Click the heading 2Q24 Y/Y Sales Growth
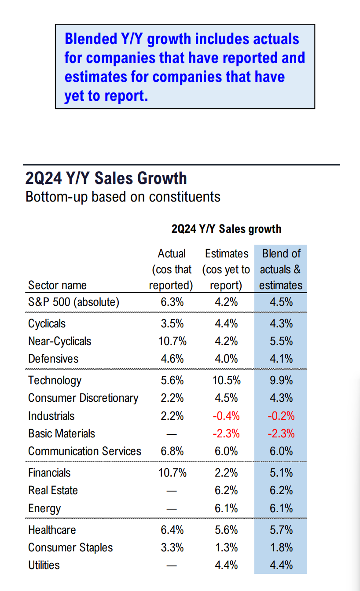[106, 178]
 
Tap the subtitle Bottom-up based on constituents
[123, 196]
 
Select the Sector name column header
[57, 285]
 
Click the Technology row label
[55, 381]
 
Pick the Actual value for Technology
[172, 381]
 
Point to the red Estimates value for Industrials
[226, 416]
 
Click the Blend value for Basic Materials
[281, 433]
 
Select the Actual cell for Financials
[172, 473]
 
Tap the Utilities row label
[44, 565]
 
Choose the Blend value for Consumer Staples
[281, 547]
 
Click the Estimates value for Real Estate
[226, 490]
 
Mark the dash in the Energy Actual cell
[172, 509]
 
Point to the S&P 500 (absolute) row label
[73, 302]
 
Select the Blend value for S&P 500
[281, 302]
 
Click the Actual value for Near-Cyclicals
[172, 341]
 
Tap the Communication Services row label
[84, 451]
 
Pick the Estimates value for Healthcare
[226, 530]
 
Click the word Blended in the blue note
[91, 39]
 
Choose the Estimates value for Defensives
[226, 359]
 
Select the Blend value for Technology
[281, 381]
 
